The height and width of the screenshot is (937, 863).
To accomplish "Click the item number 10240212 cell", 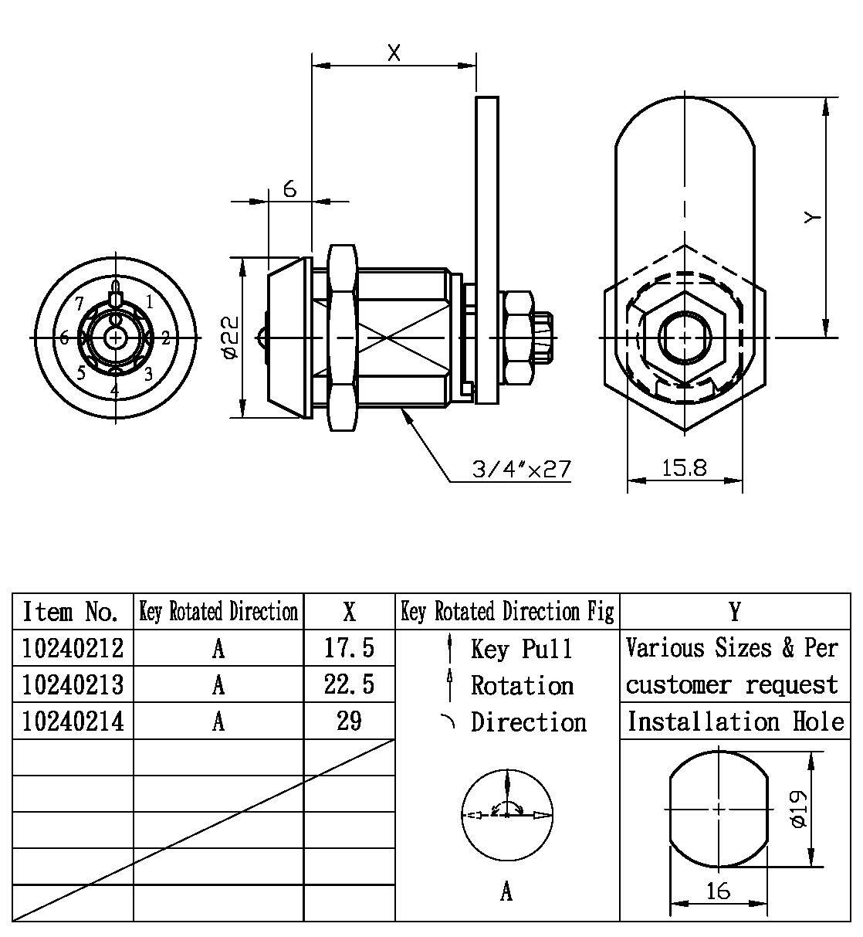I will pyautogui.click(x=73, y=647).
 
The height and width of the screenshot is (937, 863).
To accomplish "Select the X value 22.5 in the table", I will pyautogui.click(x=349, y=684).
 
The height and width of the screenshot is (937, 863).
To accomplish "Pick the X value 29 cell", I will pyautogui.click(x=349, y=721).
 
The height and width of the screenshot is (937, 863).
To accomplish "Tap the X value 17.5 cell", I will pyautogui.click(x=349, y=647).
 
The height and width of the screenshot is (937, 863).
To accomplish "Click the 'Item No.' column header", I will pyautogui.click(x=71, y=612).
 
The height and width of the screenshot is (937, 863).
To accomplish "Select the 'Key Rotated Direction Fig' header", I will pyautogui.click(x=507, y=612).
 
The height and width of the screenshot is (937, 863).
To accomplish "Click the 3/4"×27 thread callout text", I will pyautogui.click(x=523, y=469).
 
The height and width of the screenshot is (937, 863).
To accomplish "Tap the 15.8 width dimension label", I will pyautogui.click(x=684, y=468).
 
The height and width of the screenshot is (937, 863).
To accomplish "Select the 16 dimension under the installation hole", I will pyautogui.click(x=718, y=891).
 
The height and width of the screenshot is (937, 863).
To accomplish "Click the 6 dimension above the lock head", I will pyautogui.click(x=289, y=188).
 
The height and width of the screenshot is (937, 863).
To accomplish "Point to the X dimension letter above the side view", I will pyautogui.click(x=394, y=53).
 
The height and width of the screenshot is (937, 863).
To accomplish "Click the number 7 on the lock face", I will pyautogui.click(x=80, y=303).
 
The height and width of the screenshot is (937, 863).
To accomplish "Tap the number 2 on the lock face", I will pyautogui.click(x=165, y=338).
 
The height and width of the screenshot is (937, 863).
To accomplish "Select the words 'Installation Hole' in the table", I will pyautogui.click(x=735, y=721).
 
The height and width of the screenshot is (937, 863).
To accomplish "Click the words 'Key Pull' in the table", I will pyautogui.click(x=522, y=649).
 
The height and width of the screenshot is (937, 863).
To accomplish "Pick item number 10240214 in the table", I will pyautogui.click(x=73, y=721).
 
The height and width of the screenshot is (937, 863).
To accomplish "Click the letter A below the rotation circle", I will pyautogui.click(x=506, y=892).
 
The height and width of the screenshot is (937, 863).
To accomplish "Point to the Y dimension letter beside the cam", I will pyautogui.click(x=811, y=219).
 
